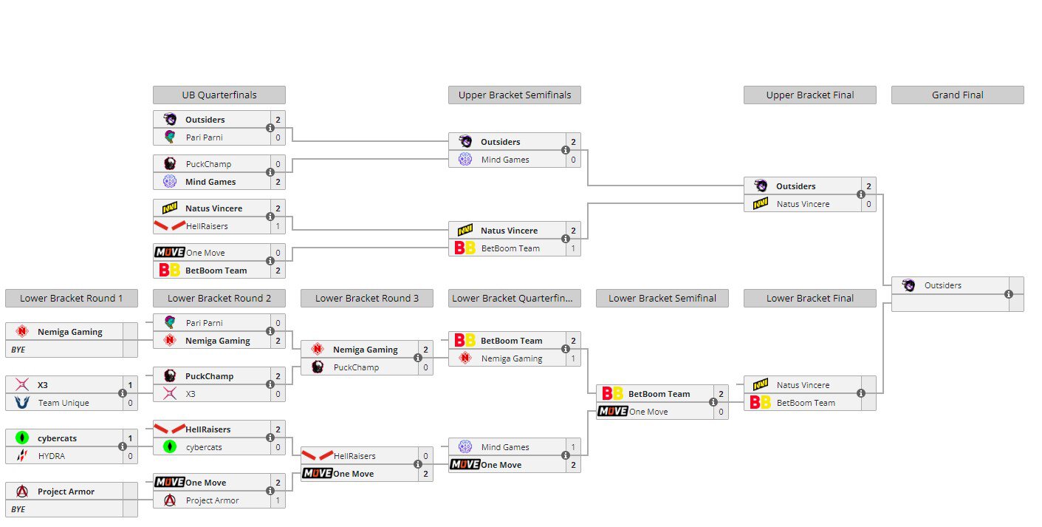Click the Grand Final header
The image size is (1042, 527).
(x=957, y=95)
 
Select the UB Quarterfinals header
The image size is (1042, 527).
(x=219, y=95)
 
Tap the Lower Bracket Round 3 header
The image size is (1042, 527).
(x=366, y=299)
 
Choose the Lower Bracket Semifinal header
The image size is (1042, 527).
(x=662, y=299)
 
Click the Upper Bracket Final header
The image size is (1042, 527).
(x=809, y=95)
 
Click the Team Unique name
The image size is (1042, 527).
(x=64, y=403)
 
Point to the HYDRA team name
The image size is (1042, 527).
(x=52, y=456)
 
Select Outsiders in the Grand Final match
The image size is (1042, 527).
(x=942, y=285)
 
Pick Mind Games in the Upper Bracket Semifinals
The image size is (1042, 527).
(x=505, y=160)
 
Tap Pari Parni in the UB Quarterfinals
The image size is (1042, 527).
(x=204, y=137)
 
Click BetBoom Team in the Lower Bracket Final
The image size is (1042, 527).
(x=806, y=403)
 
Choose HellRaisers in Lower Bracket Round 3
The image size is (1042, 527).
(x=354, y=456)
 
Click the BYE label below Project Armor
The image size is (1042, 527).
(x=18, y=509)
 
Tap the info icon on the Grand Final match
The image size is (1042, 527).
(x=1009, y=294)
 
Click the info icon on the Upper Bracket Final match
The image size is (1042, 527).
(x=861, y=195)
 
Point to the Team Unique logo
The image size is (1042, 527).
(x=21, y=403)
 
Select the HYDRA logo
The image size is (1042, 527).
(x=21, y=456)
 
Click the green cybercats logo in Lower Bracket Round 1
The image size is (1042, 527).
(x=21, y=438)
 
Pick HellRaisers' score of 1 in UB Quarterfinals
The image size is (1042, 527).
(x=278, y=226)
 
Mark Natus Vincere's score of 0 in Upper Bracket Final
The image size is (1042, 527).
(x=868, y=204)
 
